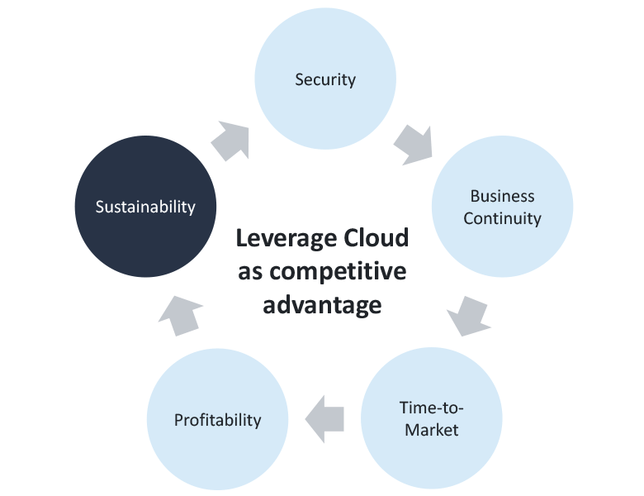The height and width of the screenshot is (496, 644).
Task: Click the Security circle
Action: (325, 79)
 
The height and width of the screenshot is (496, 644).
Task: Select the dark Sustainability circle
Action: (145, 207)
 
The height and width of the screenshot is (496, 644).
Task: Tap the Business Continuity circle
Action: (502, 207)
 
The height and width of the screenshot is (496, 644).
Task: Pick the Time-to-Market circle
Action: (432, 418)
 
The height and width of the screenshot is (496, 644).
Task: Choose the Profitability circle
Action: (218, 419)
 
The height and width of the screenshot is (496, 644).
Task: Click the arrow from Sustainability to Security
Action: (231, 141)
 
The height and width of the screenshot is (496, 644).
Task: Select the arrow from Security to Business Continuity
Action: (414, 145)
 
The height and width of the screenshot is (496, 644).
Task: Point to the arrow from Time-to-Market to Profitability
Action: (324, 419)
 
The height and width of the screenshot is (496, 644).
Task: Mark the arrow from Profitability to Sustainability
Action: (180, 316)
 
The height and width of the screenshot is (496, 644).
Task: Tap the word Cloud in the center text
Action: (376, 237)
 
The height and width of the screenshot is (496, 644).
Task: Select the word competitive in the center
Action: (338, 272)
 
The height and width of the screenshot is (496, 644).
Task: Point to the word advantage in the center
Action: (322, 306)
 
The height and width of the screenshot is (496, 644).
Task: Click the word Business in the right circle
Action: (502, 196)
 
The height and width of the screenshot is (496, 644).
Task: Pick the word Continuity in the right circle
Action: (502, 218)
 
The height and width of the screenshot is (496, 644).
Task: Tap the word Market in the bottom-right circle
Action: (432, 430)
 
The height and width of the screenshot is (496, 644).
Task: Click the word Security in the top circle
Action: (325, 80)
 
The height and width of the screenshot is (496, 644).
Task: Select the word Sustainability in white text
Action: (145, 207)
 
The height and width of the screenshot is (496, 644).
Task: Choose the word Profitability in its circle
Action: (218, 420)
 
